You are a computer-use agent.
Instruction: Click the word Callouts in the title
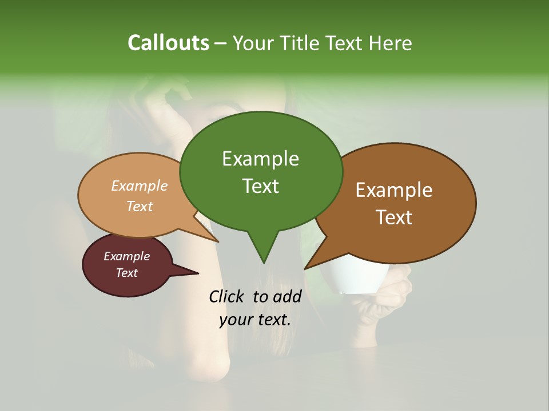[168, 43]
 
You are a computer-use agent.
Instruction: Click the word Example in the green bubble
[260, 159]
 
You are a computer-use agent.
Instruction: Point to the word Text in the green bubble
[260, 186]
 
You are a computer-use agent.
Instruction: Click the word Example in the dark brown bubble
[394, 190]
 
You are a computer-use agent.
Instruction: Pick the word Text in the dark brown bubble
[394, 217]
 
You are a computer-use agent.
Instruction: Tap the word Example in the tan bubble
[140, 186]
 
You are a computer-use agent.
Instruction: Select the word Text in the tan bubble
[140, 206]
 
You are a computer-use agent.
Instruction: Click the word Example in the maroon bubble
[126, 256]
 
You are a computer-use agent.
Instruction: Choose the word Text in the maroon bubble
[126, 273]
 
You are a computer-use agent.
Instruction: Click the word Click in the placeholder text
[227, 296]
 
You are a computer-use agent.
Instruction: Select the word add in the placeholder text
[287, 296]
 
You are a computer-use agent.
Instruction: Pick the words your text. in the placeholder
[255, 320]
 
